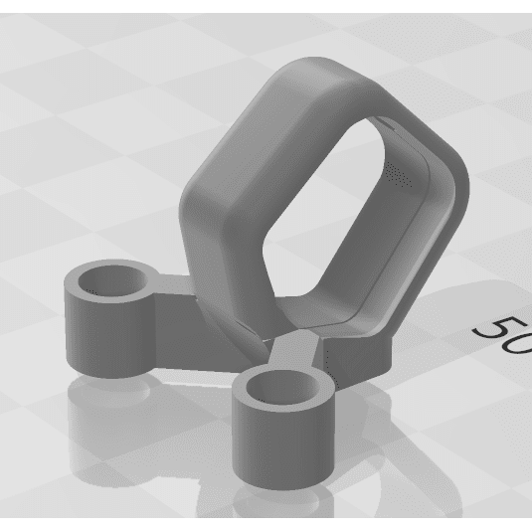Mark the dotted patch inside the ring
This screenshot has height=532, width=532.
(x=398, y=175)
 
